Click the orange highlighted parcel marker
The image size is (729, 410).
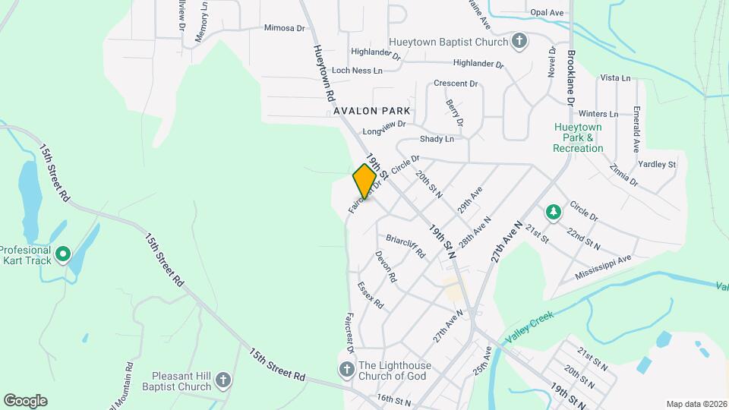coord(364,182)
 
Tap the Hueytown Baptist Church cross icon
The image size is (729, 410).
coord(519,41)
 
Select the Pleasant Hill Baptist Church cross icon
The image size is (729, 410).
coord(222,378)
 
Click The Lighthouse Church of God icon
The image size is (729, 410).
coord(346,369)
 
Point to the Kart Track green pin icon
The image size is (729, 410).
coord(63,254)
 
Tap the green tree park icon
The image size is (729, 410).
coord(554,211)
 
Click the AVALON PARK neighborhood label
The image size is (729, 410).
coord(372,111)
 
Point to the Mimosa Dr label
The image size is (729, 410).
coord(284,28)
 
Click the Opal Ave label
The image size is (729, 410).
coord(547,13)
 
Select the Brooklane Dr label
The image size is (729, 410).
coord(570,78)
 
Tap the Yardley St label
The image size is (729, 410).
coord(657,164)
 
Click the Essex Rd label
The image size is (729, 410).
coord(371,295)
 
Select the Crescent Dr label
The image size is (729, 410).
coord(455,84)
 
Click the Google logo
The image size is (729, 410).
coord(25,400)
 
